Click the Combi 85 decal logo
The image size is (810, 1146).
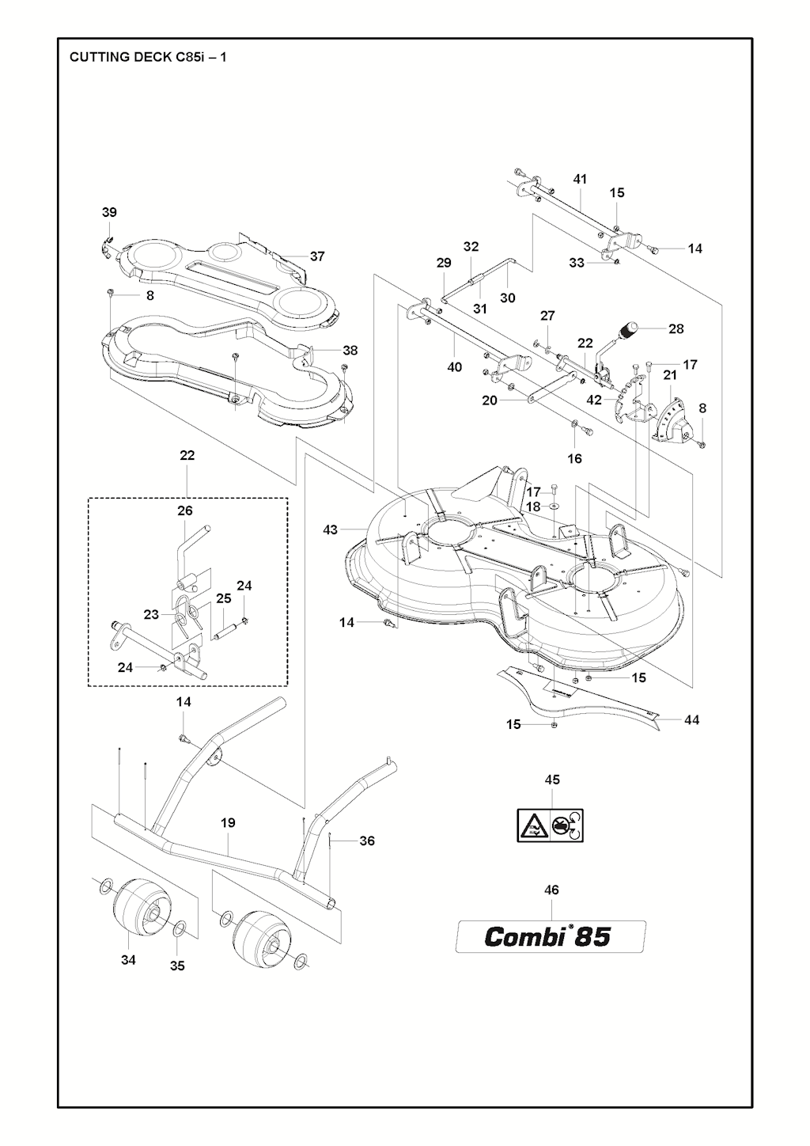click(x=549, y=937)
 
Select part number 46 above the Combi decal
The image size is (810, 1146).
click(x=552, y=890)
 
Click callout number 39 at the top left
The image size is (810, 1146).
click(x=109, y=212)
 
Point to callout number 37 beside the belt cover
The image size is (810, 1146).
click(x=317, y=256)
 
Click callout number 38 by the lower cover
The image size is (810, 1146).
click(x=350, y=350)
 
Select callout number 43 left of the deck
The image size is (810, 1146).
click(x=331, y=529)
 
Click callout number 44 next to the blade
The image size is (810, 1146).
click(x=691, y=720)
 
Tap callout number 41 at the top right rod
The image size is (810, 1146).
click(x=580, y=180)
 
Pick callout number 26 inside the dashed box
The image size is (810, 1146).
click(x=185, y=511)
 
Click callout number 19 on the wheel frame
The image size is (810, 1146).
click(x=228, y=823)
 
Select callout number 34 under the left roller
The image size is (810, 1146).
click(x=128, y=960)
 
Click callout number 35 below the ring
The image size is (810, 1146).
click(x=178, y=966)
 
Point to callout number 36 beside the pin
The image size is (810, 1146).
click(x=367, y=841)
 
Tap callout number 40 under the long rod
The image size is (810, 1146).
click(x=455, y=367)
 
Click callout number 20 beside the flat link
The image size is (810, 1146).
click(x=490, y=400)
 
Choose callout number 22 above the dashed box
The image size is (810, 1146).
click(x=187, y=456)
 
